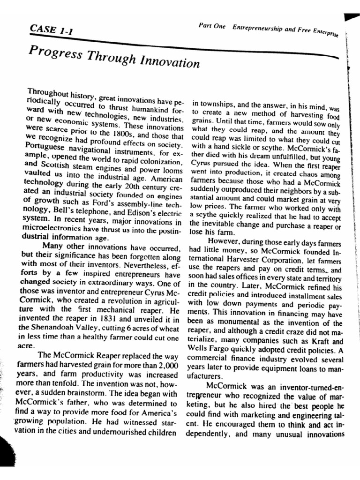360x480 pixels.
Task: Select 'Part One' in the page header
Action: point(212,26)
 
